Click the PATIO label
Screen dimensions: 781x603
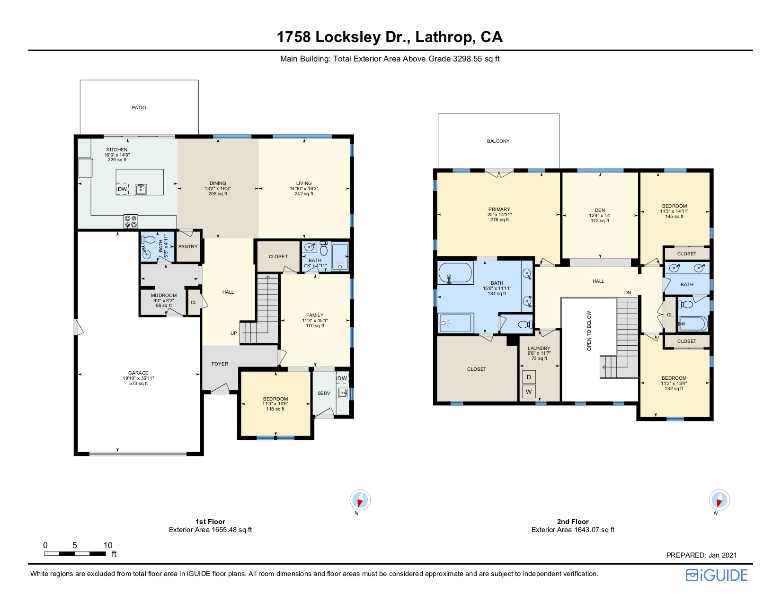coord(139,108)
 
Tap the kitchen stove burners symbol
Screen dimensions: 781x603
coord(131,221)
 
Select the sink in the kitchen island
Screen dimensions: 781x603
coord(141,189)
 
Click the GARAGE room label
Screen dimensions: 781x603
coord(138,373)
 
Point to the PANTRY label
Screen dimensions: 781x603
coord(188,247)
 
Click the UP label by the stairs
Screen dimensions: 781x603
coord(234,333)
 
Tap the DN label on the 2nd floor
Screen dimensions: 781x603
coord(628,293)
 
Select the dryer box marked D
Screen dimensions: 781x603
coord(529,377)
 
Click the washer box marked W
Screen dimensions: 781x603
coord(529,392)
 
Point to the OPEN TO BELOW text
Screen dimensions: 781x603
coord(589,331)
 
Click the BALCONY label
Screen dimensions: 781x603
coord(498,141)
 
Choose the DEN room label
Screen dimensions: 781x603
coord(600,210)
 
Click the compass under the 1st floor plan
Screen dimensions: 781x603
coord(360,500)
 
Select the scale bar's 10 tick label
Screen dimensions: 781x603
coord(108,545)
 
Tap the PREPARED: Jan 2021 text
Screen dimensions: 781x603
coord(701,555)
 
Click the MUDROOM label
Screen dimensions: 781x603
coord(163,296)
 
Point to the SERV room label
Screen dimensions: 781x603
coord(324,393)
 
